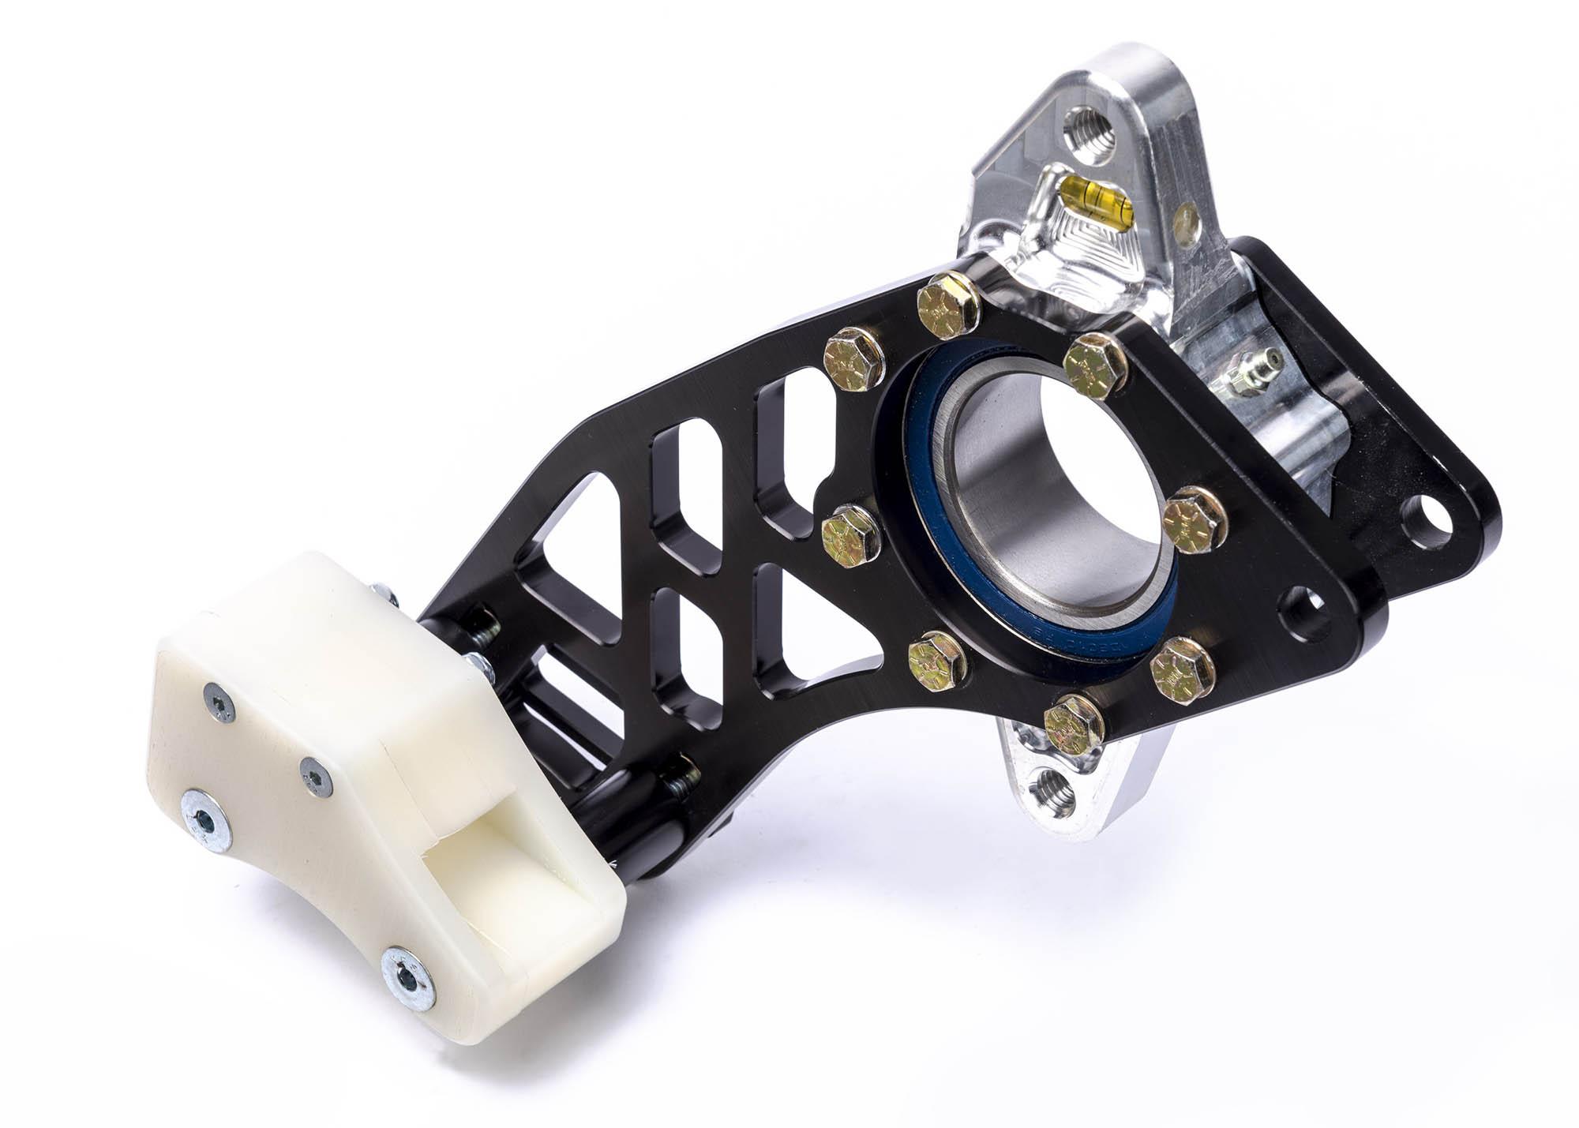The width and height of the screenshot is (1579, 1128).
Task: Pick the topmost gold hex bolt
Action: coord(947,302)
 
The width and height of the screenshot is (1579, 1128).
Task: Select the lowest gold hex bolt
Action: coord(1073,723)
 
